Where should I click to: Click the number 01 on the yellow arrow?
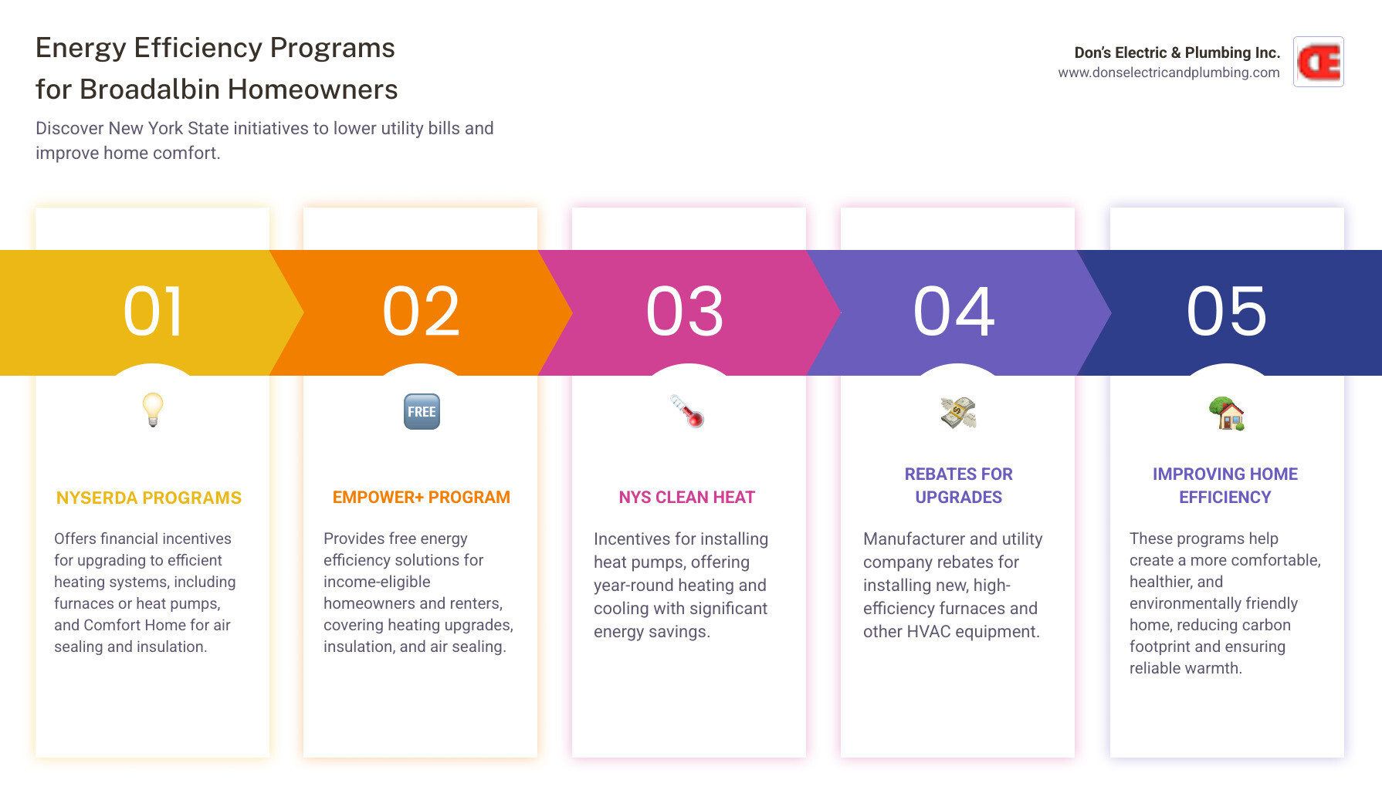[x=153, y=312]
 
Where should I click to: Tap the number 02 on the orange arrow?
[x=422, y=312]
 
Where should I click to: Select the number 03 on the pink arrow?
[x=686, y=312]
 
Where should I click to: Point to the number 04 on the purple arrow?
[x=954, y=312]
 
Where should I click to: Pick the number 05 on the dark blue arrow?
[x=1227, y=312]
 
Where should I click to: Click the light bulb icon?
[x=153, y=410]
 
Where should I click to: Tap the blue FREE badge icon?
[x=422, y=412]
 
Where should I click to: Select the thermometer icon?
[x=687, y=411]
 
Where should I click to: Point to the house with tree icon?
[x=1227, y=414]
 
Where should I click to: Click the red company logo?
[x=1319, y=62]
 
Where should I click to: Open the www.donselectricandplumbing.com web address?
[x=1169, y=73]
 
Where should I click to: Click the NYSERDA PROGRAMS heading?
[x=149, y=498]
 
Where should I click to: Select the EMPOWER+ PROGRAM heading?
[x=422, y=498]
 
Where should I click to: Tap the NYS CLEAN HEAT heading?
[x=687, y=498]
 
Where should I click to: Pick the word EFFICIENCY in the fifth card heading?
[x=1225, y=498]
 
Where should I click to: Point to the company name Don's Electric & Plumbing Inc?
[x=1177, y=52]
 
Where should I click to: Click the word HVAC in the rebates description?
[x=929, y=632]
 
